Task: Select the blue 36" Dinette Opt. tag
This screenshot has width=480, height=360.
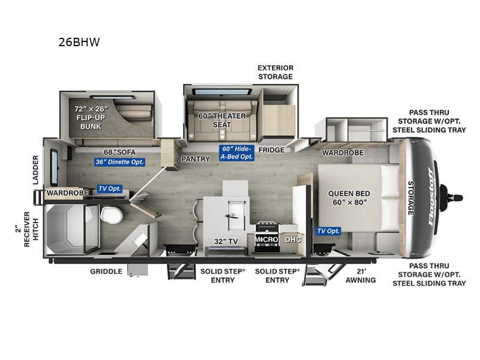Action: coord(119,161)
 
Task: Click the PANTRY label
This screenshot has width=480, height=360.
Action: coord(196,159)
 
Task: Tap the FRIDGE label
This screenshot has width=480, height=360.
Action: coord(272,150)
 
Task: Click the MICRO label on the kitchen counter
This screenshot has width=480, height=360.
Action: coord(265,239)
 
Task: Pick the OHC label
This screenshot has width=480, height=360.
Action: coord(293,239)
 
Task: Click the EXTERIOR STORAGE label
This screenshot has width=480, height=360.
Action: coord(275,72)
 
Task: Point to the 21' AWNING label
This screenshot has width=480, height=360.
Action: coord(361,275)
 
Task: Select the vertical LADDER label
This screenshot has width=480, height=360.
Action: coord(35,169)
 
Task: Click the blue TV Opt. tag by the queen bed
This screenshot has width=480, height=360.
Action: coord(328,231)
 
